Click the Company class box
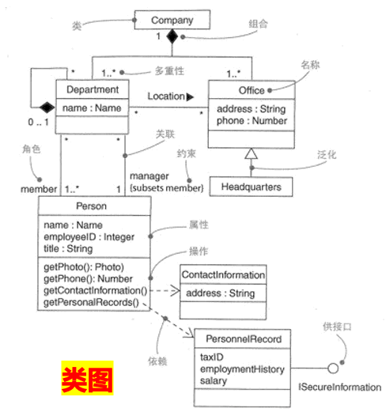click(x=172, y=20)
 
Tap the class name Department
click(x=91, y=89)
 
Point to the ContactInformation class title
click(x=223, y=274)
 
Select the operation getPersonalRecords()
click(x=90, y=301)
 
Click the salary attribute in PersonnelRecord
click(x=214, y=381)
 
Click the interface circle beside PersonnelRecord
click(x=334, y=369)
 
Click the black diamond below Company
click(x=171, y=37)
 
